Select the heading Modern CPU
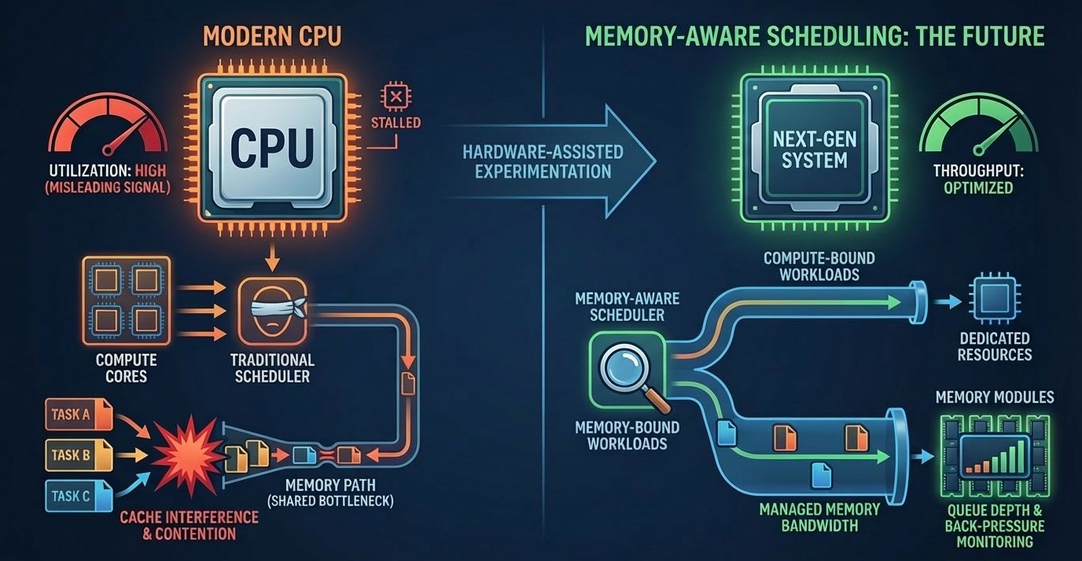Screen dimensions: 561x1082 (272, 38)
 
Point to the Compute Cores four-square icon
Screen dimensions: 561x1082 (126, 301)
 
